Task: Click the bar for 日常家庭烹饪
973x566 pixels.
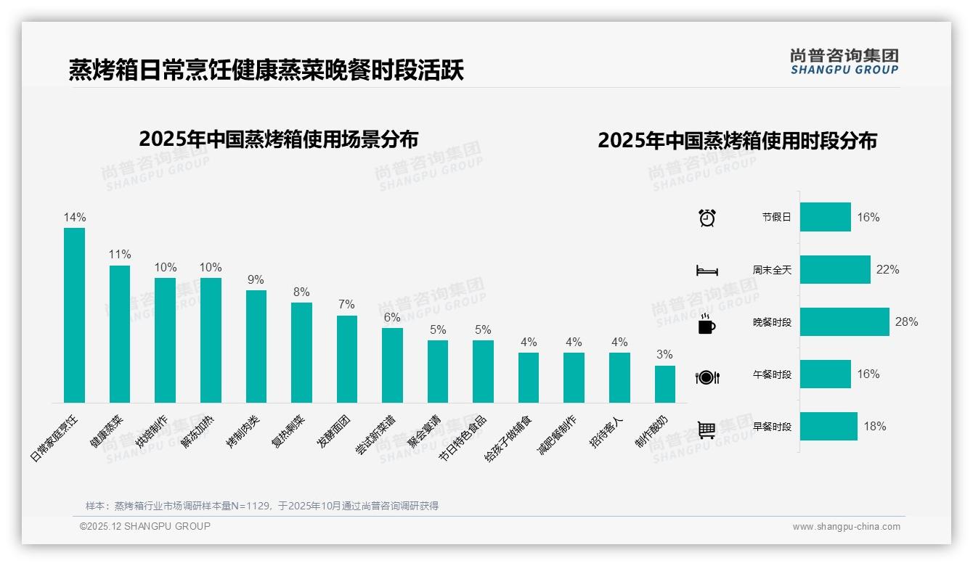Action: click(x=74, y=315)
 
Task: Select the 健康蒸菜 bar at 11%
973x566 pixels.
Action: click(x=120, y=334)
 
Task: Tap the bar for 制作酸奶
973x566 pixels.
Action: click(x=664, y=384)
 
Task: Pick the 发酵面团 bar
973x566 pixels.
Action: click(x=347, y=358)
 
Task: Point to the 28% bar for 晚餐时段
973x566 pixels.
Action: click(x=844, y=321)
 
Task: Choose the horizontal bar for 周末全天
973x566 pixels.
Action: click(x=835, y=269)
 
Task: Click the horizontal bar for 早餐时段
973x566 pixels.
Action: click(x=829, y=426)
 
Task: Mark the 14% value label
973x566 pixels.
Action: click(x=75, y=217)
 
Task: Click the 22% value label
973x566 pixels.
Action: click(x=887, y=269)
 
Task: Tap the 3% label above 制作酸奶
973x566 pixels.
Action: click(x=664, y=355)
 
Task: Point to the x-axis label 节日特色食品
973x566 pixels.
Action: click(x=463, y=439)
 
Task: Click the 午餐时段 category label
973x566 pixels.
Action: click(x=772, y=374)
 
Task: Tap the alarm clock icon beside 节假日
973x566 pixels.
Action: click(x=707, y=218)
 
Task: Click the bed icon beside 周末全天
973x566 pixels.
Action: click(x=707, y=271)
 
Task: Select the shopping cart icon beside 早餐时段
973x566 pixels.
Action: click(x=707, y=430)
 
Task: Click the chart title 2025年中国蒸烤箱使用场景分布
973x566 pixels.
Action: click(x=278, y=139)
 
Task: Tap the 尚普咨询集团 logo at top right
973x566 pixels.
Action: click(x=844, y=62)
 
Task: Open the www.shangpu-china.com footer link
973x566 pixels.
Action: click(x=846, y=527)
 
